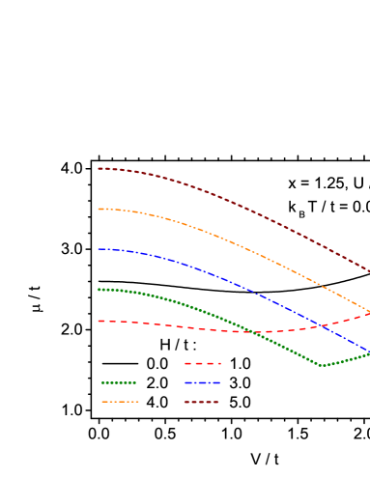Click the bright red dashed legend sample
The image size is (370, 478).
pos(203,364)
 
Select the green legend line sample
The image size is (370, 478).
pos(119,382)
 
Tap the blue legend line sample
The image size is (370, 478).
pos(203,382)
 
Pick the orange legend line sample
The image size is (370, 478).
pos(120,402)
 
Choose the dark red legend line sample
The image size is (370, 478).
pos(202,402)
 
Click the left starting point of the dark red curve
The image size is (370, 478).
pos(99,169)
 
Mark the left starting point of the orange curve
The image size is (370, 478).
pos(99,209)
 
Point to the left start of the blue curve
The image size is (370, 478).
pos(99,249)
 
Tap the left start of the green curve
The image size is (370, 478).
pos(99,290)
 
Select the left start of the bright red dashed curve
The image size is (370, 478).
pos(99,321)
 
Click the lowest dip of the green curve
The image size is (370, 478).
pos(322,366)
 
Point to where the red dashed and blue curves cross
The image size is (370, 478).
pos(324,325)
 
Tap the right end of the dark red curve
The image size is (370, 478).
pos(369,271)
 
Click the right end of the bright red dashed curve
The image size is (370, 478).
pos(369,313)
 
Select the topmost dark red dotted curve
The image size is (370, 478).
pos(232,202)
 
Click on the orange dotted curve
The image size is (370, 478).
pos(232,241)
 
